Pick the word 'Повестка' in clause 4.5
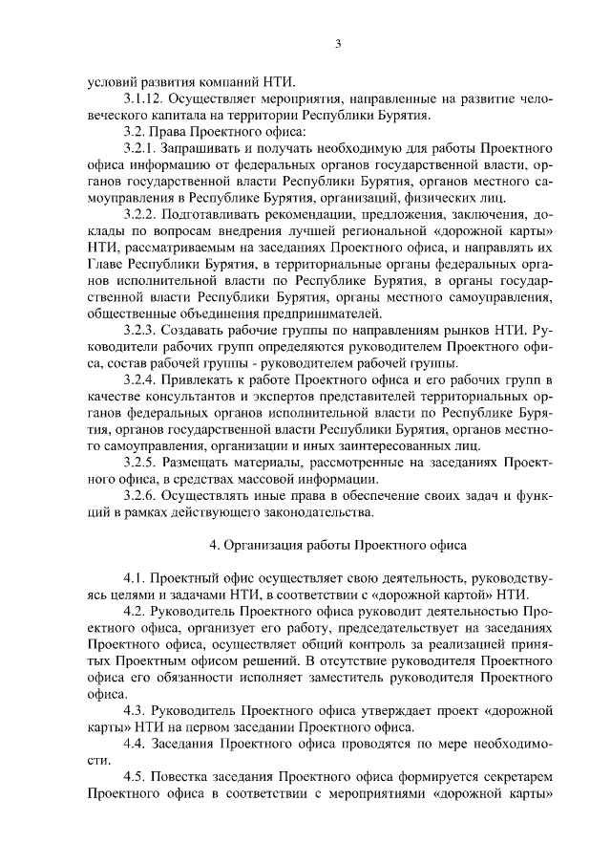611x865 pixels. (180, 775)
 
